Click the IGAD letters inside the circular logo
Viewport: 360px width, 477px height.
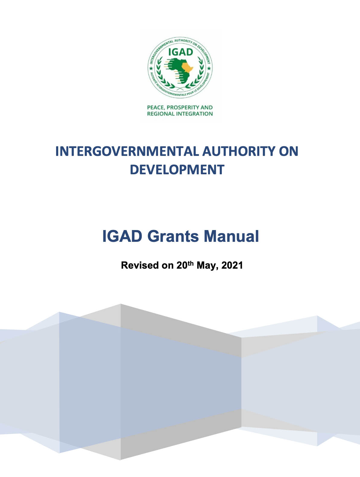tap(180, 52)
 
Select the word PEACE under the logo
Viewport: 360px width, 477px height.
tap(155, 107)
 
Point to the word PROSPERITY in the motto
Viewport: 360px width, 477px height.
tap(183, 107)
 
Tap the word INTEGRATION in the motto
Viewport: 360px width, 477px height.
tap(194, 114)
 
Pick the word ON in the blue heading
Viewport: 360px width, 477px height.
tap(289, 151)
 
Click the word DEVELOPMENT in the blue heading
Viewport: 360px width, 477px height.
tap(177, 169)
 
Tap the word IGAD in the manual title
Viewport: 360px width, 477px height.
tap(122, 236)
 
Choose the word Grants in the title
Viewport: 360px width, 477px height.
tap(173, 236)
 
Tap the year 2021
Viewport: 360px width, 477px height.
tap(232, 265)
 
